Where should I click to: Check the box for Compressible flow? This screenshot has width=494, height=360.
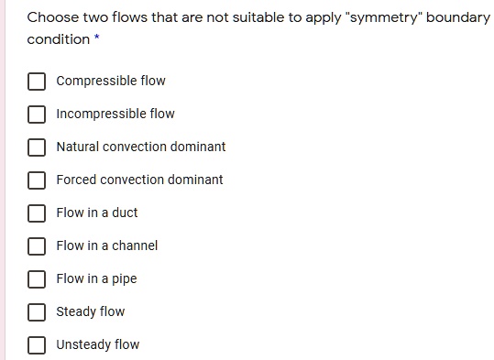click(x=37, y=82)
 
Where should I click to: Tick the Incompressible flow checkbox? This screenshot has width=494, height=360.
click(x=37, y=115)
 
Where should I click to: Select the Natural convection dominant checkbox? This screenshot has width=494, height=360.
click(x=37, y=147)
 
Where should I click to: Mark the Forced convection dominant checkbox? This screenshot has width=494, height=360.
click(x=37, y=180)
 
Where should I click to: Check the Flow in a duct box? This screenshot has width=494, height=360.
click(x=37, y=213)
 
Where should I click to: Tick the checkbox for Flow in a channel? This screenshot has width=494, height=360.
click(x=37, y=246)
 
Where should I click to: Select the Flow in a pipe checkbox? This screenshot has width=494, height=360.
click(x=37, y=279)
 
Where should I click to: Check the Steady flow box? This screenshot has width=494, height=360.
click(x=37, y=312)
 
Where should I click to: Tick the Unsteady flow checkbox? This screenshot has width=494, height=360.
click(x=37, y=345)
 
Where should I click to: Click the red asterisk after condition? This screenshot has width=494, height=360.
click(x=96, y=38)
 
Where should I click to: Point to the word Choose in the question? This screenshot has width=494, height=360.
click(x=51, y=17)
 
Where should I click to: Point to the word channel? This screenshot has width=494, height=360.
click(x=134, y=245)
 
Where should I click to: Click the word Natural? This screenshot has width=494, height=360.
click(x=77, y=147)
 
